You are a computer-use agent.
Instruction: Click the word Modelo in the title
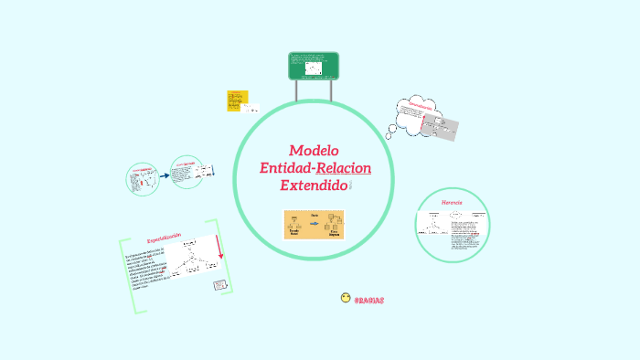314,151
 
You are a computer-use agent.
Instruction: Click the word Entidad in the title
286,168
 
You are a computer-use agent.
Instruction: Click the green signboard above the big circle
314,66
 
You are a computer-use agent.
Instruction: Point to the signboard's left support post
297,90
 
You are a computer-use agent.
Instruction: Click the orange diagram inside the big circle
314,224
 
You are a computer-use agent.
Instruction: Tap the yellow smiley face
345,298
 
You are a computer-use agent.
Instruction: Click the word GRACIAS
368,300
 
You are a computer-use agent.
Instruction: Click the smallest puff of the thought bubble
389,135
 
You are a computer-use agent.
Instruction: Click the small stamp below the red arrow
220,286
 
